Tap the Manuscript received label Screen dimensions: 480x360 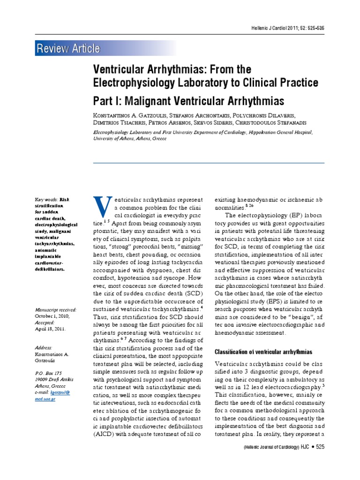click(55, 310)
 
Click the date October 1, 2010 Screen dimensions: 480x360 click(52, 316)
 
